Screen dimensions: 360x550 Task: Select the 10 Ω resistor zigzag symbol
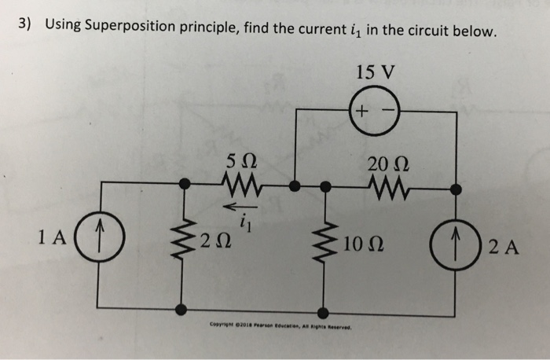pyautogui.click(x=324, y=242)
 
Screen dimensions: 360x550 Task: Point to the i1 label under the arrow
pyautogui.click(x=244, y=222)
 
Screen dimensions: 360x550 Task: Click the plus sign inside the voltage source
pyautogui.click(x=361, y=112)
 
